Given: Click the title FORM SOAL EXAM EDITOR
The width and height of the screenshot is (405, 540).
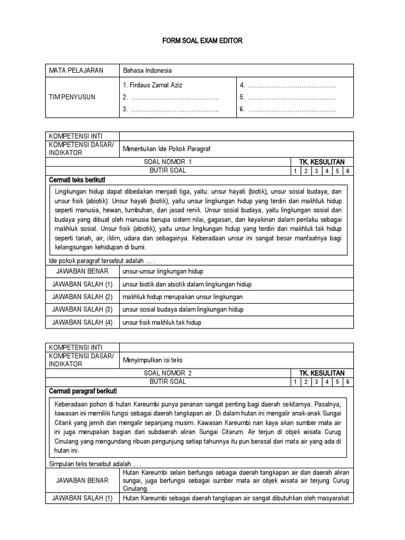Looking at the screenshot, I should (x=202, y=41).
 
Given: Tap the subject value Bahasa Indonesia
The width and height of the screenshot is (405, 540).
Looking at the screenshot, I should (x=147, y=71).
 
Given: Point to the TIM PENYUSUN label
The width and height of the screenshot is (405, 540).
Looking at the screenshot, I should (x=72, y=97).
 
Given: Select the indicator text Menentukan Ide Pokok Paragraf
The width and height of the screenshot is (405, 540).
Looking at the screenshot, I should (x=167, y=149).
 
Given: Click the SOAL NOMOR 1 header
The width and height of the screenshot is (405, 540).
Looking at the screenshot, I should (x=168, y=162).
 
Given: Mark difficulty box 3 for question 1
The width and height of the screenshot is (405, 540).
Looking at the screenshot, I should (x=316, y=171).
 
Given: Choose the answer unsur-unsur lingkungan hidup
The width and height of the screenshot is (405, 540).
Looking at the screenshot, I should (x=162, y=272).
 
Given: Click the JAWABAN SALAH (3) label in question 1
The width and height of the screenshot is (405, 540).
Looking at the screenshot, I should (x=82, y=310).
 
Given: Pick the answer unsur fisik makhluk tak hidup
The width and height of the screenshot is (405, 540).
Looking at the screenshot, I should (x=161, y=322).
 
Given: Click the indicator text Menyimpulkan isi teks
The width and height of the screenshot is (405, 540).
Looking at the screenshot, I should (x=152, y=360).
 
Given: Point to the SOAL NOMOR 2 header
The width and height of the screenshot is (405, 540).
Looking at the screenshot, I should (x=168, y=373).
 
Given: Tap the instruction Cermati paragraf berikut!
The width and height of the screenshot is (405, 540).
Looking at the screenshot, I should (x=83, y=391).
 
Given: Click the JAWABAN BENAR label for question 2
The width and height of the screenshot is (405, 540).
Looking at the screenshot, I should (x=82, y=480).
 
